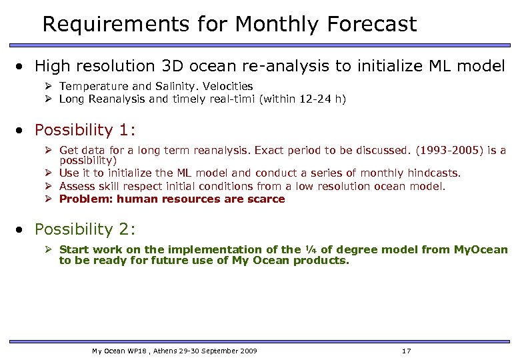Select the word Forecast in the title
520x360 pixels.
372,25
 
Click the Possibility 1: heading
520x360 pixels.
85,130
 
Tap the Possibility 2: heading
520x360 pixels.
85,229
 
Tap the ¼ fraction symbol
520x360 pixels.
309,249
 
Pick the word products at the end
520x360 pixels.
323,261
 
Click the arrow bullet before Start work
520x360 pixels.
49,249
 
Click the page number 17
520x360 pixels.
407,351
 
